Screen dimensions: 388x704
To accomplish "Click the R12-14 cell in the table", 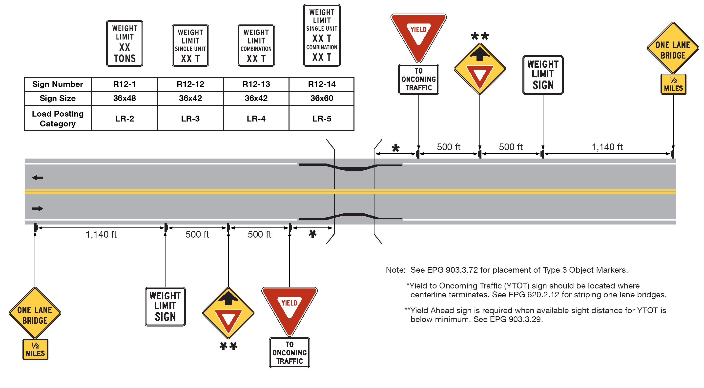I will (x=321, y=84).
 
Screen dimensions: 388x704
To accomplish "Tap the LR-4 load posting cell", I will (x=256, y=119).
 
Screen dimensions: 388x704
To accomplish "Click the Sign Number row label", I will (x=57, y=84).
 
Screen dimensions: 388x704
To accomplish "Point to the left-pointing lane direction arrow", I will (x=38, y=178).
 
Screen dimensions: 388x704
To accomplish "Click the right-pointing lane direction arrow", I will (x=38, y=209).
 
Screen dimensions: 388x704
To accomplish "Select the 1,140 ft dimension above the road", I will (x=607, y=147).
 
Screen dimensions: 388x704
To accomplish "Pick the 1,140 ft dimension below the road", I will (x=101, y=234).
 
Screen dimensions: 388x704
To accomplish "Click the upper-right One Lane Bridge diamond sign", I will (x=673, y=48).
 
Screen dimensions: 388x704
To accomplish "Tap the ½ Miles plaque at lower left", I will (x=35, y=349).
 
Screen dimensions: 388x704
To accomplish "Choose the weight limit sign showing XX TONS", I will (x=125, y=43).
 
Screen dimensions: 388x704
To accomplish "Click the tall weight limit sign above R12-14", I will (x=322, y=35).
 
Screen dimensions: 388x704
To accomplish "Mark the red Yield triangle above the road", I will (x=418, y=34).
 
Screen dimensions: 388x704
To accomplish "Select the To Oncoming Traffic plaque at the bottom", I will (x=290, y=352).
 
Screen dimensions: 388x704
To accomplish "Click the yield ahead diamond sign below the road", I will (x=228, y=313).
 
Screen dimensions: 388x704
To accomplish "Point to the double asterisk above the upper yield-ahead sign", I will (x=480, y=36).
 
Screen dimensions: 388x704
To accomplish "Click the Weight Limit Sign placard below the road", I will (x=165, y=306).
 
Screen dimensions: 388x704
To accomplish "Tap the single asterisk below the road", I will (x=312, y=234).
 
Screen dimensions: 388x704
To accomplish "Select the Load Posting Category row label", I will (x=57, y=119).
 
